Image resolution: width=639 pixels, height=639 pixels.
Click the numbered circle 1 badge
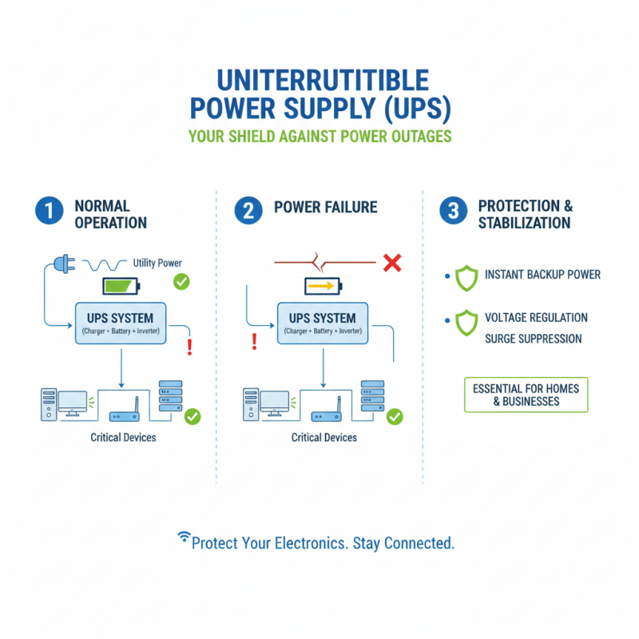tap(50, 212)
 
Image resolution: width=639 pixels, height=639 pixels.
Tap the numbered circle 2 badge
tap(248, 212)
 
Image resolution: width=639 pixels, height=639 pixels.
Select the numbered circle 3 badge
tap(453, 212)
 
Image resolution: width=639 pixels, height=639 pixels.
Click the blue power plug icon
tap(62, 264)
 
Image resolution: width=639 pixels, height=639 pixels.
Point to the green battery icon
tap(121, 285)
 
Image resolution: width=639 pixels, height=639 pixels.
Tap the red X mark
tap(391, 262)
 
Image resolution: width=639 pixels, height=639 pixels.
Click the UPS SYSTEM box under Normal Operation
tap(120, 323)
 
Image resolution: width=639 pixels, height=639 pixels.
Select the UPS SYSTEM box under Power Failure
tap(322, 323)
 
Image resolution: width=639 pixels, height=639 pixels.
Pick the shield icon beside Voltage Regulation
tap(466, 323)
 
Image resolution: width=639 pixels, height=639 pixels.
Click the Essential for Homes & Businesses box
tap(526, 395)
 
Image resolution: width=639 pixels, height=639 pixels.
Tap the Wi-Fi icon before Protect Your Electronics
tap(185, 537)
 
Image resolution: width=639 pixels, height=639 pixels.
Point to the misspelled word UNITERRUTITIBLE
tap(323, 81)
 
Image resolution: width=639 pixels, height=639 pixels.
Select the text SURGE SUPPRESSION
tap(533, 339)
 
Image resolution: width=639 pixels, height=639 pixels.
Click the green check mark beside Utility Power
tap(181, 281)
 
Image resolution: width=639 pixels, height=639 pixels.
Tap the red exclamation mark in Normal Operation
tap(189, 347)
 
